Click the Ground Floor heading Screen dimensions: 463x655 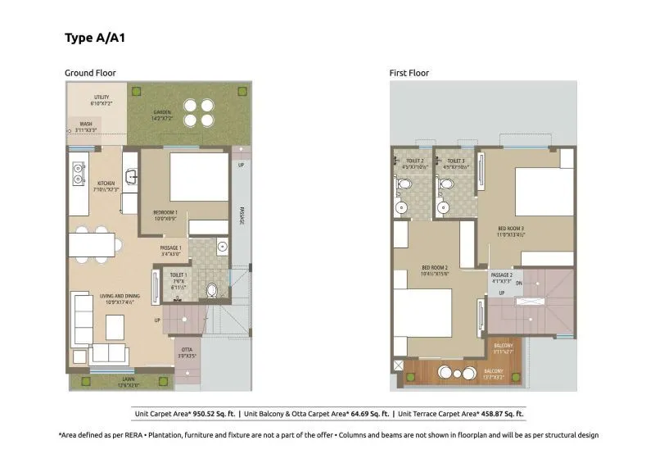[x=90, y=73]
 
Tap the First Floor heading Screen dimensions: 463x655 [x=409, y=73]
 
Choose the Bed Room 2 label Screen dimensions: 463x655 [x=434, y=269]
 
